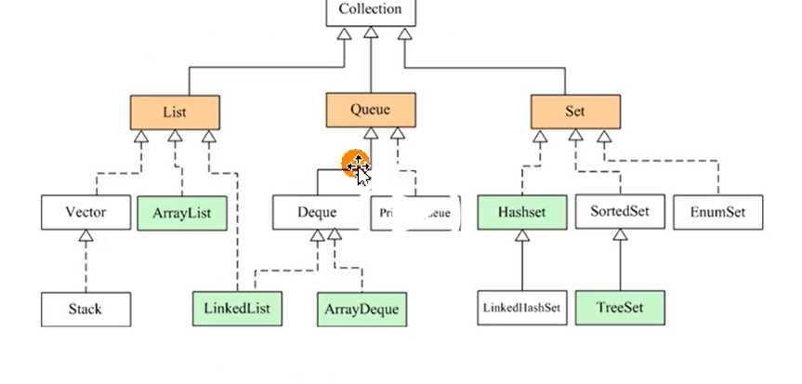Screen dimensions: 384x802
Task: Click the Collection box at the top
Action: pos(370,11)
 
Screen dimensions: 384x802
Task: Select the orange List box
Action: pos(175,113)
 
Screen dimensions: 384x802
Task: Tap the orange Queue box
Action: pos(370,110)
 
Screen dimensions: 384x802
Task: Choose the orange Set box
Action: pos(574,113)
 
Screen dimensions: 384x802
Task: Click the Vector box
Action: pos(85,213)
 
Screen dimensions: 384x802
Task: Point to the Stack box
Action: pos(85,309)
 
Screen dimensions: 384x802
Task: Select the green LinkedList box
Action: pos(237,308)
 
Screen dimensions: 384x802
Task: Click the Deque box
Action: pos(316,213)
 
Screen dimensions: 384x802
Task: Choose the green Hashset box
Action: pos(522,213)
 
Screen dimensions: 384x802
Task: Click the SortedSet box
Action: pos(619,212)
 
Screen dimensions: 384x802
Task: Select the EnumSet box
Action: pos(717,213)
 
